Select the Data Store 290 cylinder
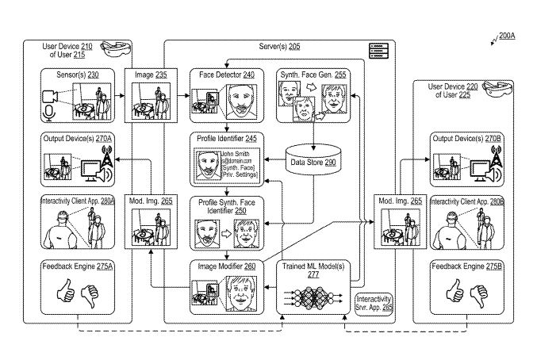[x=313, y=159]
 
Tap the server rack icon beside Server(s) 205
[x=377, y=52]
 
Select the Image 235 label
[x=150, y=75]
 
